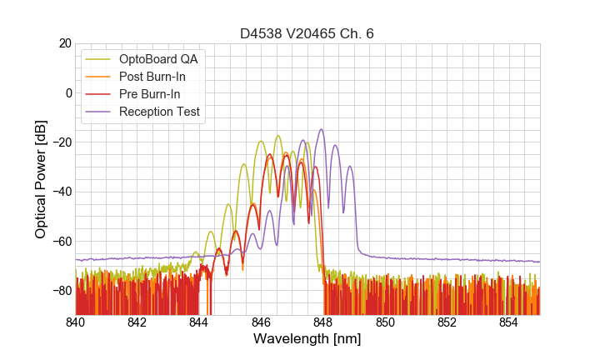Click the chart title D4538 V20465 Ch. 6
point(307,33)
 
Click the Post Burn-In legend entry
point(152,77)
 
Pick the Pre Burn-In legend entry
point(149,94)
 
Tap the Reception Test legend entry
point(159,112)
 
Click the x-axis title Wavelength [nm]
point(307,340)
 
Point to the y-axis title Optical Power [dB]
point(41,179)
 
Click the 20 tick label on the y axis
point(63,43)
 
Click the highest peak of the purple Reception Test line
point(321,130)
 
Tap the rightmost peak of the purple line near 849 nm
point(350,167)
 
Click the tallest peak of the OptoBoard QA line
point(277,136)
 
